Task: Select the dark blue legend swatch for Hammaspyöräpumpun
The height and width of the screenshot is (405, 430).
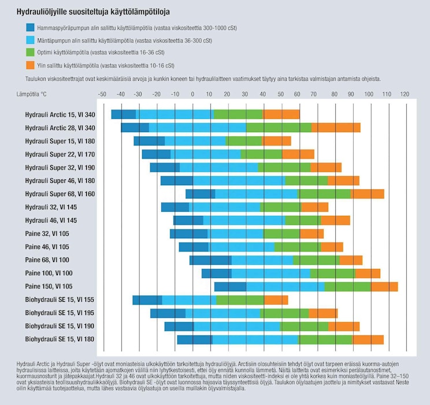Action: [31, 28]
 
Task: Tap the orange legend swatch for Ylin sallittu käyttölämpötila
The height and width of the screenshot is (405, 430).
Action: [31, 66]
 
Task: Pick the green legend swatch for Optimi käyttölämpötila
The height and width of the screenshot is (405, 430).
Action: [31, 53]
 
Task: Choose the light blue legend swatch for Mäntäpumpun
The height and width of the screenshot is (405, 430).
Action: [31, 40]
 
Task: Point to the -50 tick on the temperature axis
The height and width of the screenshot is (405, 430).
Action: [102, 93]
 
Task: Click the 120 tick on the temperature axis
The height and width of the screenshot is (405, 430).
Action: [404, 93]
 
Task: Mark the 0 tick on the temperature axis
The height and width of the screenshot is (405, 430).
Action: [192, 93]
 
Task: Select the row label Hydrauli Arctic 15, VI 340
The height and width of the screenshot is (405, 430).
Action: [60, 114]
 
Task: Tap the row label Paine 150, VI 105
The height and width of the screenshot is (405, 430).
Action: [49, 286]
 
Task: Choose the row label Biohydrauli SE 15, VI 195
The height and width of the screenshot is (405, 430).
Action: [60, 313]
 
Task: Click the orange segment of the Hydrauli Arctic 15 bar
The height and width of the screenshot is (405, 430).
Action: [281, 114]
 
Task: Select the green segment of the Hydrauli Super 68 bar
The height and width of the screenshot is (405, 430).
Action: [324, 194]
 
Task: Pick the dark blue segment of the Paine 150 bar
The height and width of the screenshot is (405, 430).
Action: [230, 287]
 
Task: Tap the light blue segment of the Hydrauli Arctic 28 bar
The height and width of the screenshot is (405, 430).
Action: [197, 127]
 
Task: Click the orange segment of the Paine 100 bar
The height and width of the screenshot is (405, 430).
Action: [368, 273]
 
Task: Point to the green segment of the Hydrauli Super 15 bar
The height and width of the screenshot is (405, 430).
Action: [244, 141]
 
